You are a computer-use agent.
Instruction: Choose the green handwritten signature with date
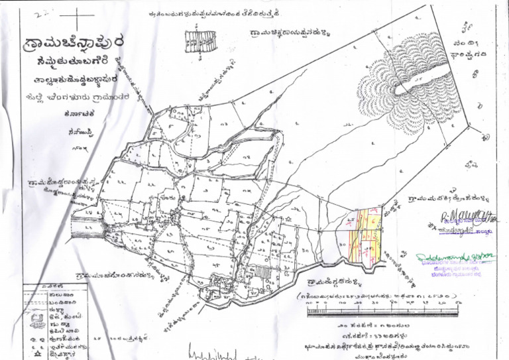[456, 256]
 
